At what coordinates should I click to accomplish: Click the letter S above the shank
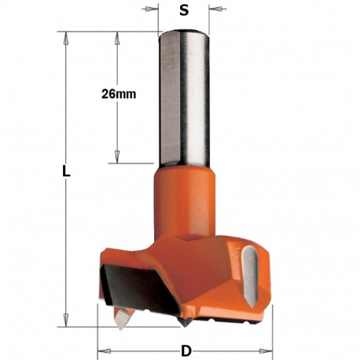click(184, 11)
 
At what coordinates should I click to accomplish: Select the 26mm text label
click(119, 94)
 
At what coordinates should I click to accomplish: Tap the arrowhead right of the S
click(213, 11)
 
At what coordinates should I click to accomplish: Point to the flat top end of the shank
click(184, 31)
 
